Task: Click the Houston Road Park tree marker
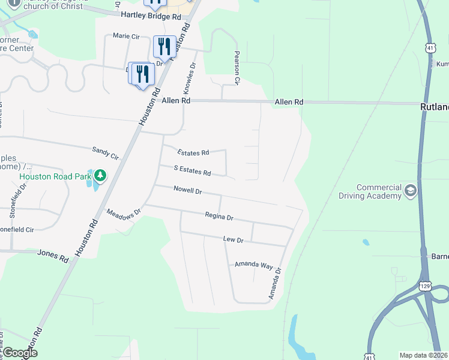tap(100, 176)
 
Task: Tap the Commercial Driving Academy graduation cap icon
tap(411, 191)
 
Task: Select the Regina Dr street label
tap(218, 216)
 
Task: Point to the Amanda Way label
tap(254, 265)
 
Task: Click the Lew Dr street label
tap(233, 239)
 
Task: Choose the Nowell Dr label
tap(187, 191)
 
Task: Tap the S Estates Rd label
tap(192, 171)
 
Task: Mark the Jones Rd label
tap(53, 256)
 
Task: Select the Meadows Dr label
tap(123, 212)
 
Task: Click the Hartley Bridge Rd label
tap(151, 17)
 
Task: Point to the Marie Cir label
tap(126, 37)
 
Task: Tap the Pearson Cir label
tap(237, 67)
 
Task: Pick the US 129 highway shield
tap(425, 286)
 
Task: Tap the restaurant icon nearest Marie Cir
tap(164, 46)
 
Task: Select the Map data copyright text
tap(423, 355)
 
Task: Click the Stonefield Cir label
tap(25, 229)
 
